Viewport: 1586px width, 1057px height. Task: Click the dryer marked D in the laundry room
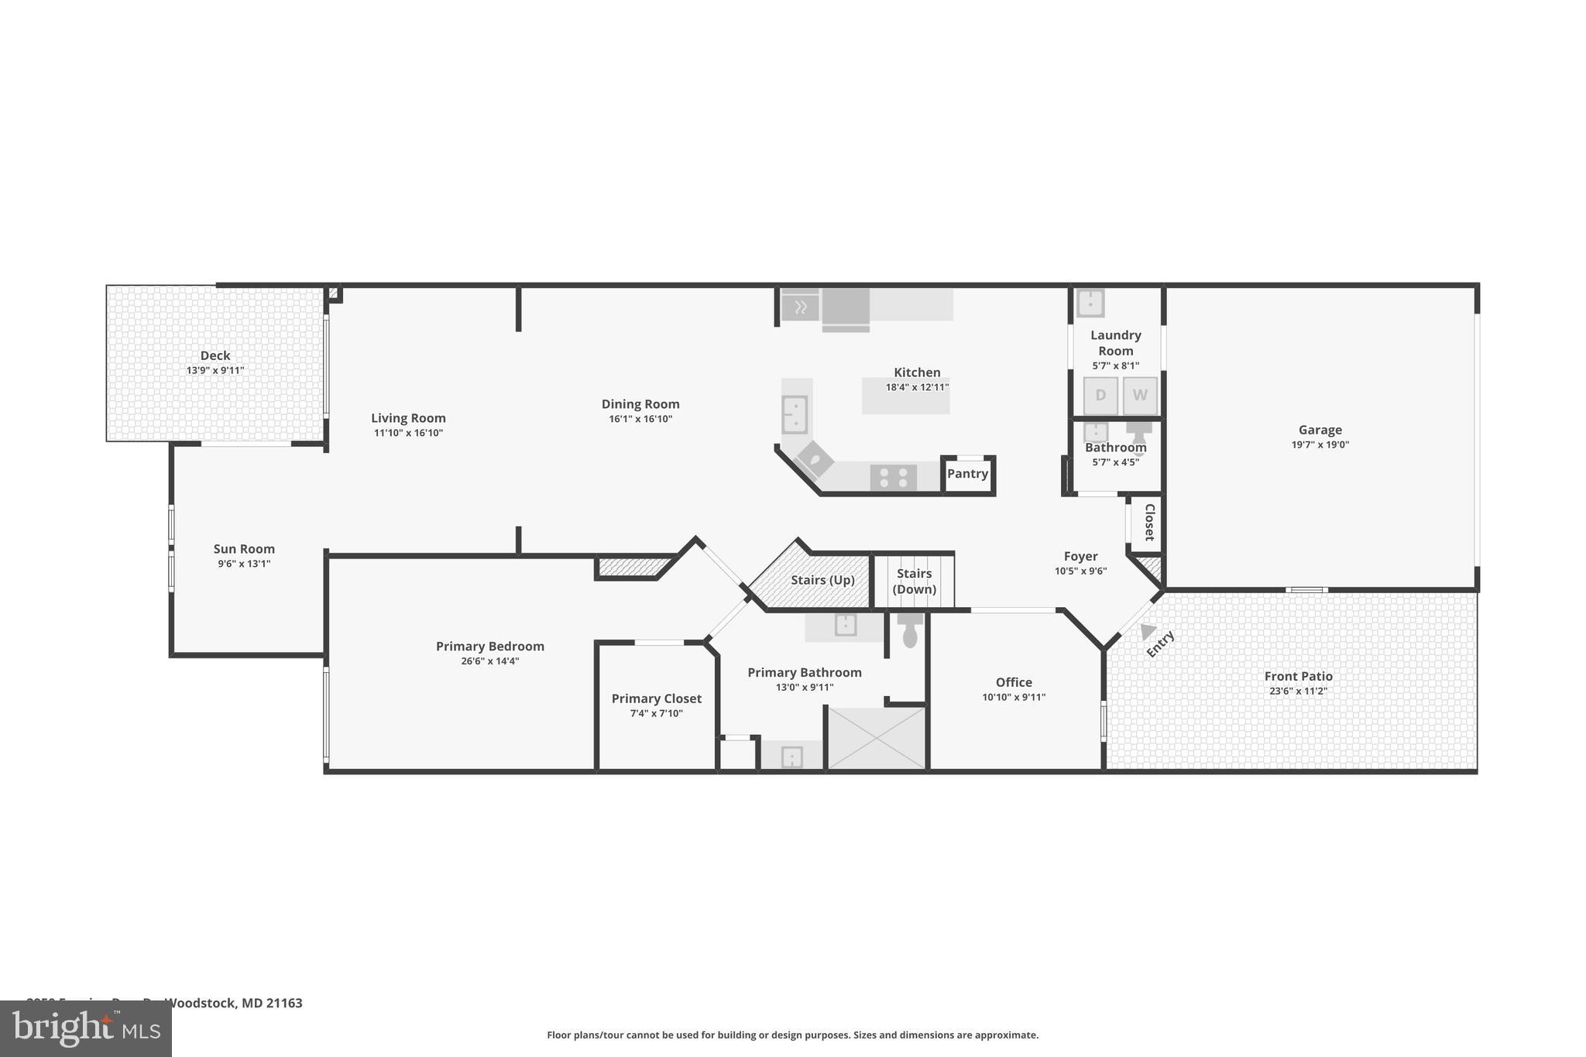pos(1100,396)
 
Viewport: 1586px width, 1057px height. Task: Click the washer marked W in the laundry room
pos(1139,396)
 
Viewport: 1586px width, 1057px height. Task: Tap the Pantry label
pos(967,474)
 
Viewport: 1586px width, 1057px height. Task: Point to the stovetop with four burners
pos(893,478)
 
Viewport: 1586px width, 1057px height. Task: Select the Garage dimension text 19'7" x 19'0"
pos(1320,445)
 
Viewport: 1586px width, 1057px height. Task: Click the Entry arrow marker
pos(1148,631)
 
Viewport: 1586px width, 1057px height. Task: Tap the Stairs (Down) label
pos(914,581)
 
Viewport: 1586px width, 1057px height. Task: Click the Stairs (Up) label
pos(822,580)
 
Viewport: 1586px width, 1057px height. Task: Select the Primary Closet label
pos(656,698)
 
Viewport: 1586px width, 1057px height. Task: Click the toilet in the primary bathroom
pos(910,631)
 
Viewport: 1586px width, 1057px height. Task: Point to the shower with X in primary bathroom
pos(877,738)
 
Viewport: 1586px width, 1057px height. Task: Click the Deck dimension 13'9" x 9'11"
pos(215,371)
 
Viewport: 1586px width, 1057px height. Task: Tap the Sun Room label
pos(244,549)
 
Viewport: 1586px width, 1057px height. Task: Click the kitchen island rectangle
pos(905,396)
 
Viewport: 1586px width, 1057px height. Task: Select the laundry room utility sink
pos(1090,303)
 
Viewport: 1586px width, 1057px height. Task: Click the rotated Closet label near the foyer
pos(1149,522)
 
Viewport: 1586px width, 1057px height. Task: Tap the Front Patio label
pos(1298,676)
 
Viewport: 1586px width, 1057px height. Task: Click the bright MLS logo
pos(86,1028)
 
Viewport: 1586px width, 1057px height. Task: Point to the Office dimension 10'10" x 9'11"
pos(1014,698)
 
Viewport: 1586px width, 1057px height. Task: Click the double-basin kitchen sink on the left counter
pos(795,414)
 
